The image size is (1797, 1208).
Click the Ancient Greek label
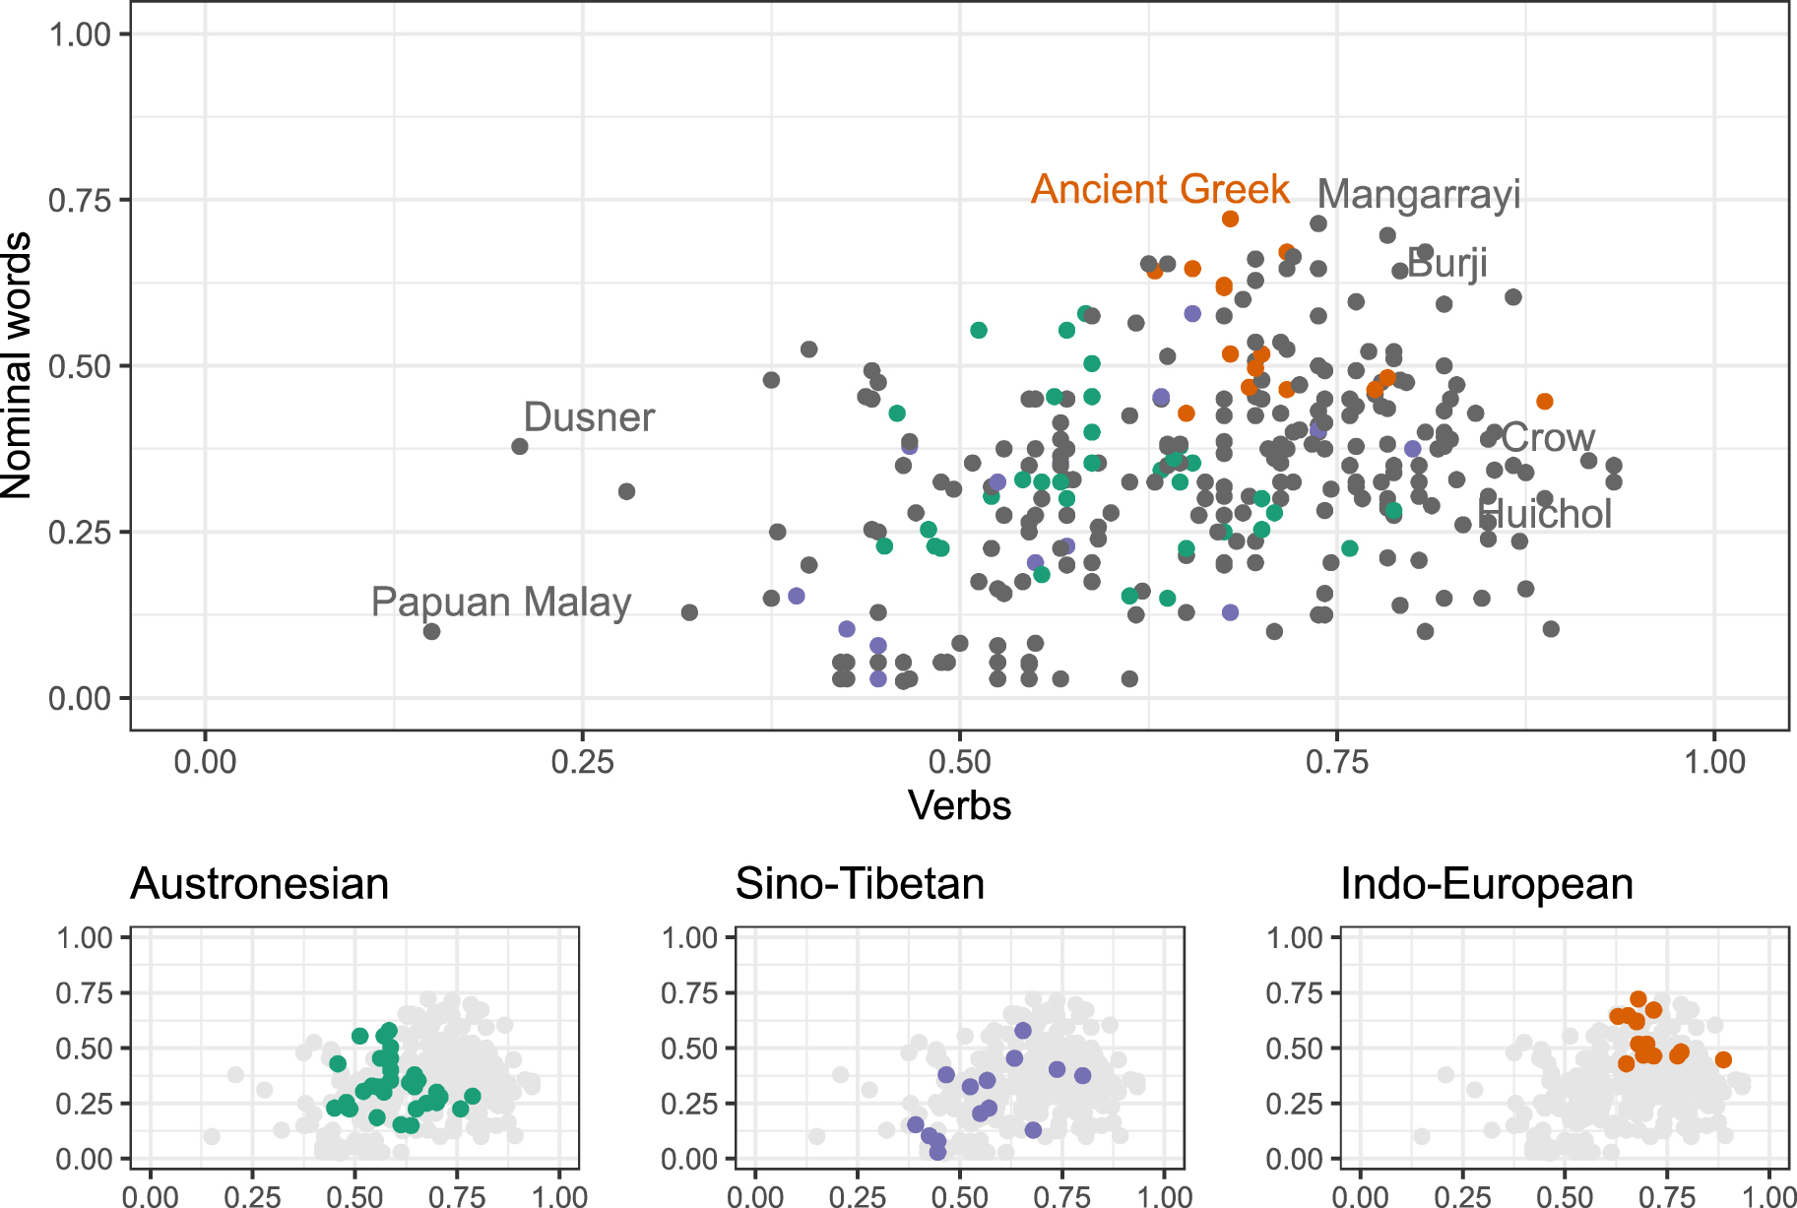(1160, 189)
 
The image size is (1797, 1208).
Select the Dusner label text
(589, 417)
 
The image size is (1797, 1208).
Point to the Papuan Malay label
(501, 602)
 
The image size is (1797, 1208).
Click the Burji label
(1446, 264)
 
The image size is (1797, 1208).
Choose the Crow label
(1548, 438)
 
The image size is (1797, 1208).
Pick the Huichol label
(1545, 514)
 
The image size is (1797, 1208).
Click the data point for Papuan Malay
(431, 631)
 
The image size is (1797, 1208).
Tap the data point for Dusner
(520, 446)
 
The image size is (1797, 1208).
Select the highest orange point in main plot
(1230, 219)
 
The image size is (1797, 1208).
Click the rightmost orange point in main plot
(1545, 401)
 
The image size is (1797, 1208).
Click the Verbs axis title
(959, 805)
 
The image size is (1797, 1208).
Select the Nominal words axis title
(18, 365)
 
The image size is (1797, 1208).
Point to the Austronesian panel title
(260, 884)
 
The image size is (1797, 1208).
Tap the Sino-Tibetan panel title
(860, 884)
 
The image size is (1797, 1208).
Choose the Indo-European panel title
(1487, 884)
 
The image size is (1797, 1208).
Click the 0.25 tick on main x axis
(582, 762)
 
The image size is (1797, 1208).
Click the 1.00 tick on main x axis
(1714, 762)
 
